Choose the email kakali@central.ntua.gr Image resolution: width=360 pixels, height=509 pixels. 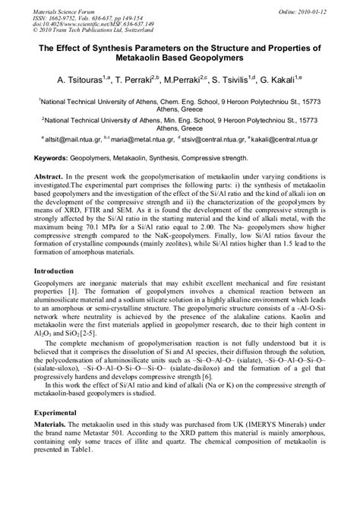point(292,139)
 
